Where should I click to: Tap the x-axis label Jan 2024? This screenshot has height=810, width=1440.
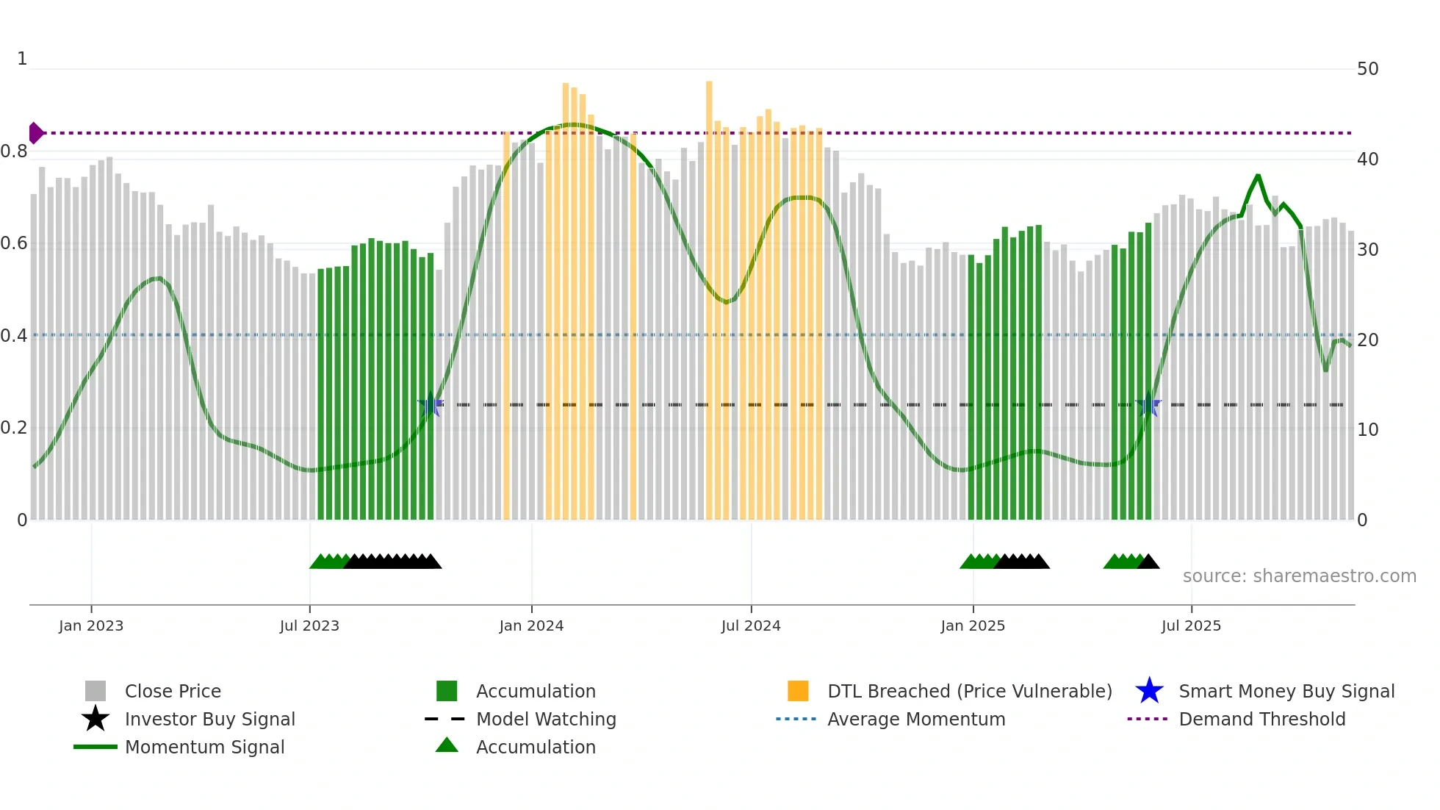(x=531, y=626)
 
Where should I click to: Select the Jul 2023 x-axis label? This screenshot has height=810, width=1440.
(x=309, y=626)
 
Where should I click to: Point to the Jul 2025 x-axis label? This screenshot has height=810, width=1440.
(x=1191, y=626)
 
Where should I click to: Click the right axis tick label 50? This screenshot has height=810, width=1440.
(x=1367, y=69)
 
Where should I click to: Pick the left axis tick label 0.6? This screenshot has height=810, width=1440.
(x=14, y=243)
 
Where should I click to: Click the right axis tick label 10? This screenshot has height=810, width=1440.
(x=1367, y=430)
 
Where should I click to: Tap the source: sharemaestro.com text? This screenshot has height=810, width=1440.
(x=1299, y=576)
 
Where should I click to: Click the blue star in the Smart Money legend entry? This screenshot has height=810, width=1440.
(x=1149, y=691)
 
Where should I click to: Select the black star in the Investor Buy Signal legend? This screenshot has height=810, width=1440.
(x=96, y=719)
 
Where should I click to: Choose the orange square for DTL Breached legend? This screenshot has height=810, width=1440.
(x=798, y=691)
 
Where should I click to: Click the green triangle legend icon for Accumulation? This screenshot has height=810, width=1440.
(x=447, y=746)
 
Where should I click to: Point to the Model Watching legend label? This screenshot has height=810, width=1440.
(x=546, y=719)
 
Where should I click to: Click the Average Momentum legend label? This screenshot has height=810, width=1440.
(x=916, y=719)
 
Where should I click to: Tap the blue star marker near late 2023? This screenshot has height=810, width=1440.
(x=431, y=404)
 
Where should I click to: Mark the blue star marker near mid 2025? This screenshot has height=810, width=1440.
(x=1148, y=404)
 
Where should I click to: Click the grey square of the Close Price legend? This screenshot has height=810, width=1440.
(x=96, y=691)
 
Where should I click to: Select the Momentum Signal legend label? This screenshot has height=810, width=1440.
(x=204, y=747)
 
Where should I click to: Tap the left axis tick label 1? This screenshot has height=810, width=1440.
(x=22, y=59)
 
